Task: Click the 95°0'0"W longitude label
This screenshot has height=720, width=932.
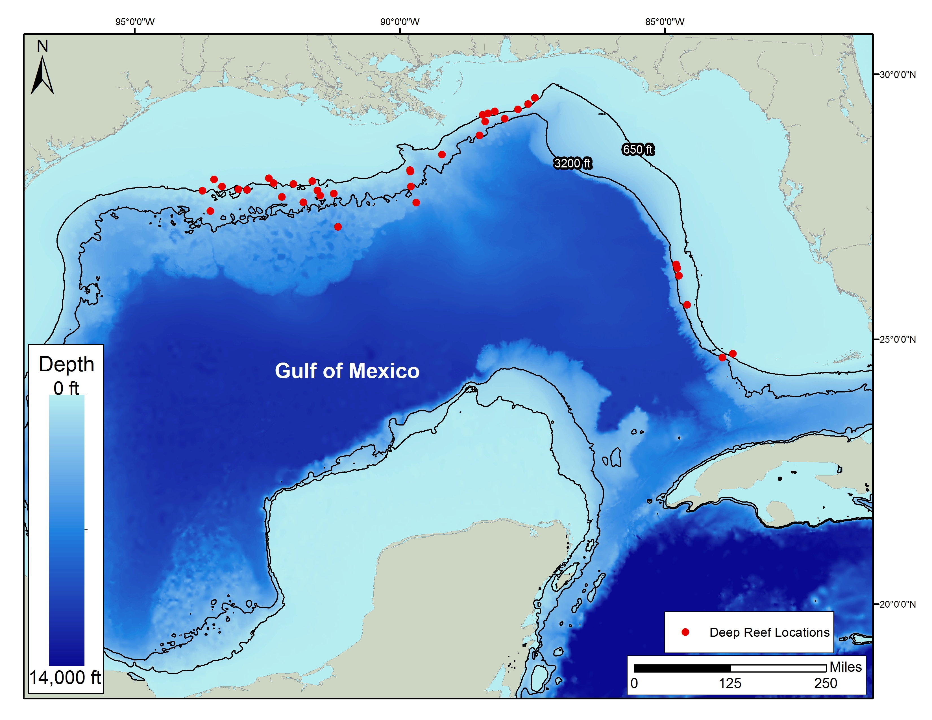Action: click(135, 22)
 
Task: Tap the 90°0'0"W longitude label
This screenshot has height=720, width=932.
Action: click(400, 22)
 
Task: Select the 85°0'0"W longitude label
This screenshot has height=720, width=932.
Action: click(665, 22)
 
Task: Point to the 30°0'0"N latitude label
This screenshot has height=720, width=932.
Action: click(898, 75)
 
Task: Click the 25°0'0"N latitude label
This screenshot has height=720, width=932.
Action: click(898, 339)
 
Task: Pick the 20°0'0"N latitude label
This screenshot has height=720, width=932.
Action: click(898, 605)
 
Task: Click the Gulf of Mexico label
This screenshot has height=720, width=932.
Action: click(347, 371)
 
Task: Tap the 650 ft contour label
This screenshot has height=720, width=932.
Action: click(637, 149)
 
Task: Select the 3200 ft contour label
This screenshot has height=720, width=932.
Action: click(572, 163)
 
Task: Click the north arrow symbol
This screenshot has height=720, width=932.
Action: click(42, 77)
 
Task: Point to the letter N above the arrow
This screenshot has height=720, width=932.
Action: click(42, 46)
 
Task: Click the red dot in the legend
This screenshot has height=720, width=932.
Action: click(685, 632)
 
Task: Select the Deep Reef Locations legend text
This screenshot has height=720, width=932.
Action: click(769, 632)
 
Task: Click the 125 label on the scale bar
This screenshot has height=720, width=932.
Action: click(730, 683)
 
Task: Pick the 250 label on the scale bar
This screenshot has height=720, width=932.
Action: click(825, 683)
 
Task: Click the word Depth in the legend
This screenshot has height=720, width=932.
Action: click(66, 364)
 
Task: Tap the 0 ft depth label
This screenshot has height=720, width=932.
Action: click(66, 388)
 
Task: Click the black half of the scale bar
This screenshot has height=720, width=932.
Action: click(682, 668)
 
